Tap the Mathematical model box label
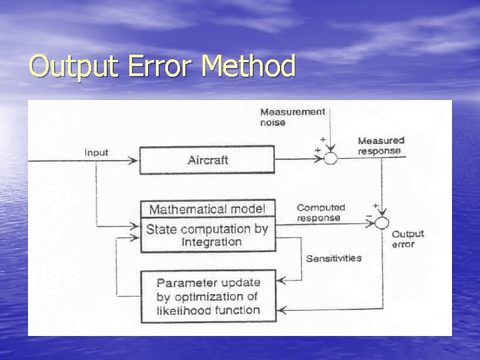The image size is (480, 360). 207,209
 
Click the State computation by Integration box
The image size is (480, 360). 207,235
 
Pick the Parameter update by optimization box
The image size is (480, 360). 207,296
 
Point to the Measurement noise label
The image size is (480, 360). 292,117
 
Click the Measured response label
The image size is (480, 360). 381,145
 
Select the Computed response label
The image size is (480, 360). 321,213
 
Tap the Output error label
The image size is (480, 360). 407,239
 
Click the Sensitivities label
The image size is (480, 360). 333,258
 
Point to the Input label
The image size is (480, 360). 97,153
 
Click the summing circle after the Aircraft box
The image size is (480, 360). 331,157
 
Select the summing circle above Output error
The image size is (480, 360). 381,223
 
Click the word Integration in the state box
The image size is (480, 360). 211,242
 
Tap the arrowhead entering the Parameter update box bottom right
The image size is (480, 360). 281,310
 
